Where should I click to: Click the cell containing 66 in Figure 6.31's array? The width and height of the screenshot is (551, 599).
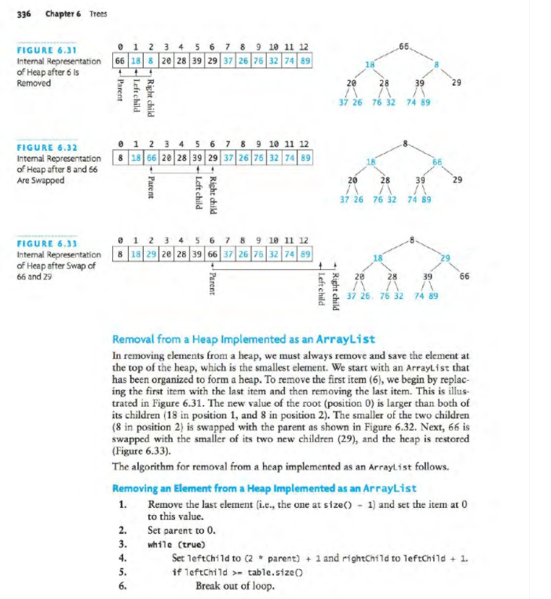coord(121,60)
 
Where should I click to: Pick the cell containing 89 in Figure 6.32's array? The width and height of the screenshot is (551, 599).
coord(305,157)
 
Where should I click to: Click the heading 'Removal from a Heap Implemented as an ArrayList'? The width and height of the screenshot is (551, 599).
coord(243,339)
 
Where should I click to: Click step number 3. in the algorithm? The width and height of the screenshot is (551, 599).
coord(123,543)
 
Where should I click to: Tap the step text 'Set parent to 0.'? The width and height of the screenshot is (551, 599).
coord(184,530)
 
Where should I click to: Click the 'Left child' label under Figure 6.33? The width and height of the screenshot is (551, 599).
coord(321,290)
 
